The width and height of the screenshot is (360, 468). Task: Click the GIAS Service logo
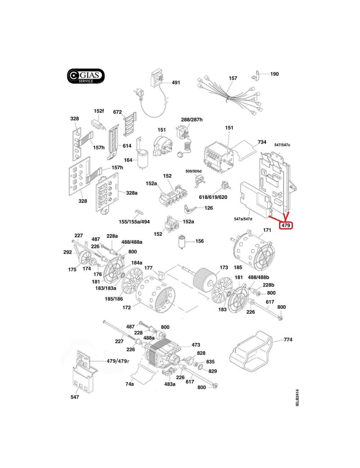pos(86,76)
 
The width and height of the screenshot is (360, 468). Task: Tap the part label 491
pos(175,83)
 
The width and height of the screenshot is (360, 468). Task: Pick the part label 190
pos(274,74)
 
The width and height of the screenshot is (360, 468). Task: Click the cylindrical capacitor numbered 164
pos(144,158)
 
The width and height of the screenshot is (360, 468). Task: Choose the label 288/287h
pos(192,120)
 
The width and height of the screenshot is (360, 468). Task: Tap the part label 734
pos(262,142)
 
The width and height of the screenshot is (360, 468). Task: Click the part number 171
pos(267,230)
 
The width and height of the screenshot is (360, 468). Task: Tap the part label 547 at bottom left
pos(75,397)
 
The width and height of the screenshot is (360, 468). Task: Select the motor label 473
pos(196,345)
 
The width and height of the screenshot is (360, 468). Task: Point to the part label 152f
pos(99,111)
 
